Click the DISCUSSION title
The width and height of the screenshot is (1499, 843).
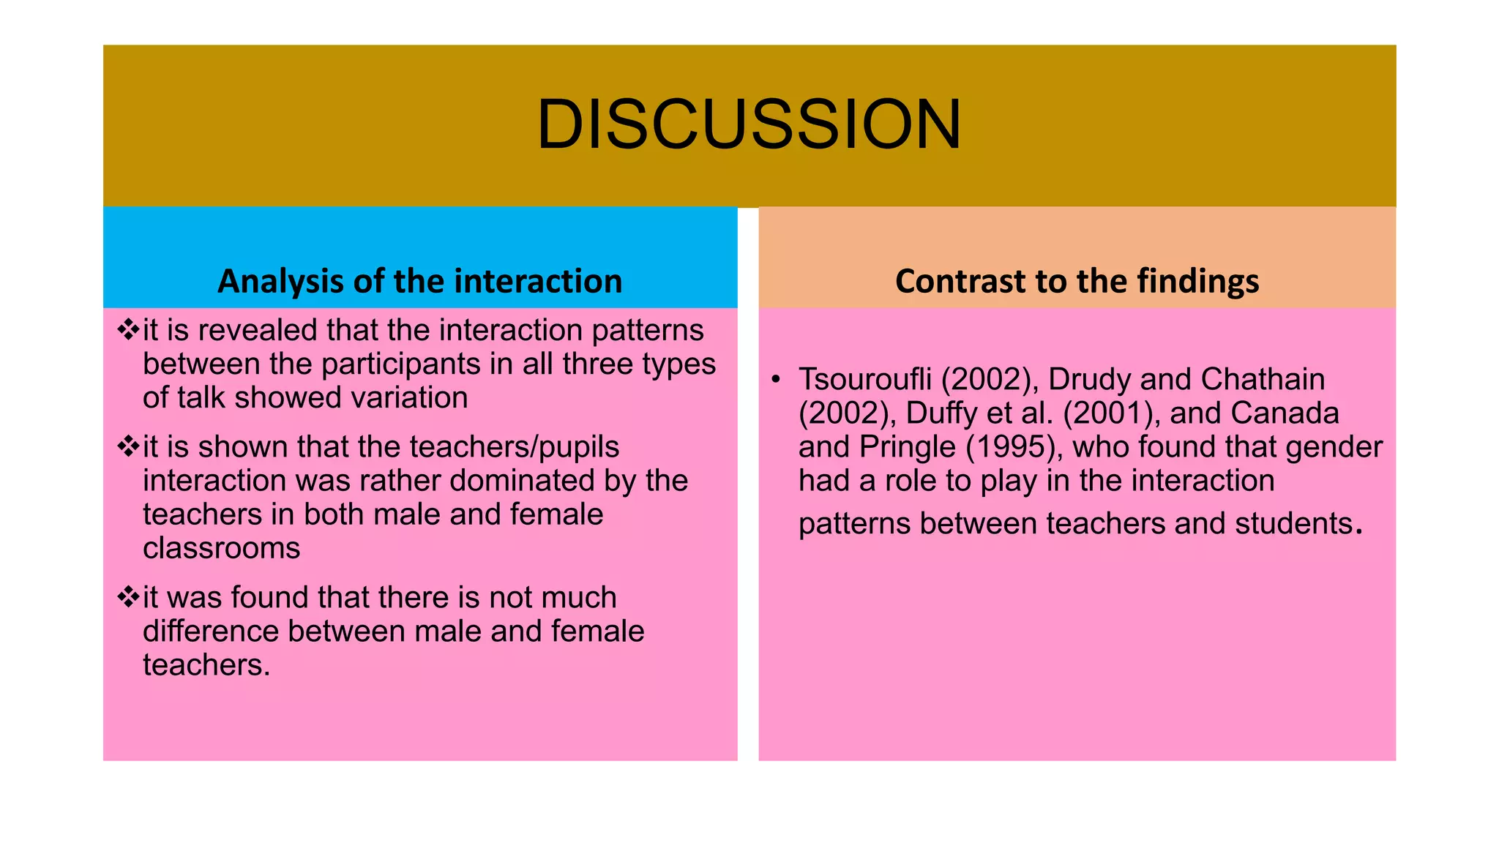[x=749, y=125]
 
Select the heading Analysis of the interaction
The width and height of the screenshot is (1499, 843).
[x=419, y=281]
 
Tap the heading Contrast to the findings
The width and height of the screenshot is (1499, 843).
[x=1077, y=281]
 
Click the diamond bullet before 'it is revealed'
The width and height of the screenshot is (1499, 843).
[x=128, y=329]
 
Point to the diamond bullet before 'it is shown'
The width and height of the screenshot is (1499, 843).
[x=128, y=446]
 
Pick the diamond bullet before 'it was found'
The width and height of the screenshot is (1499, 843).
[x=128, y=596]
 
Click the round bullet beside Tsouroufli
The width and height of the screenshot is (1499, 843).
[x=776, y=379]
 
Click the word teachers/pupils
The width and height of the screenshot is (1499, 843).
[x=515, y=447]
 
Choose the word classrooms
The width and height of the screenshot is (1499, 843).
[x=221, y=548]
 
